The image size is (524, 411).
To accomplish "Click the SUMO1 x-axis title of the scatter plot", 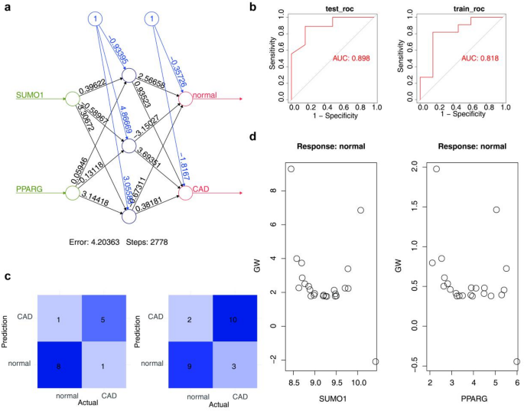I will tap(333, 400).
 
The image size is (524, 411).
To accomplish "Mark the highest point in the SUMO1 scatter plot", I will tap(291, 168).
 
